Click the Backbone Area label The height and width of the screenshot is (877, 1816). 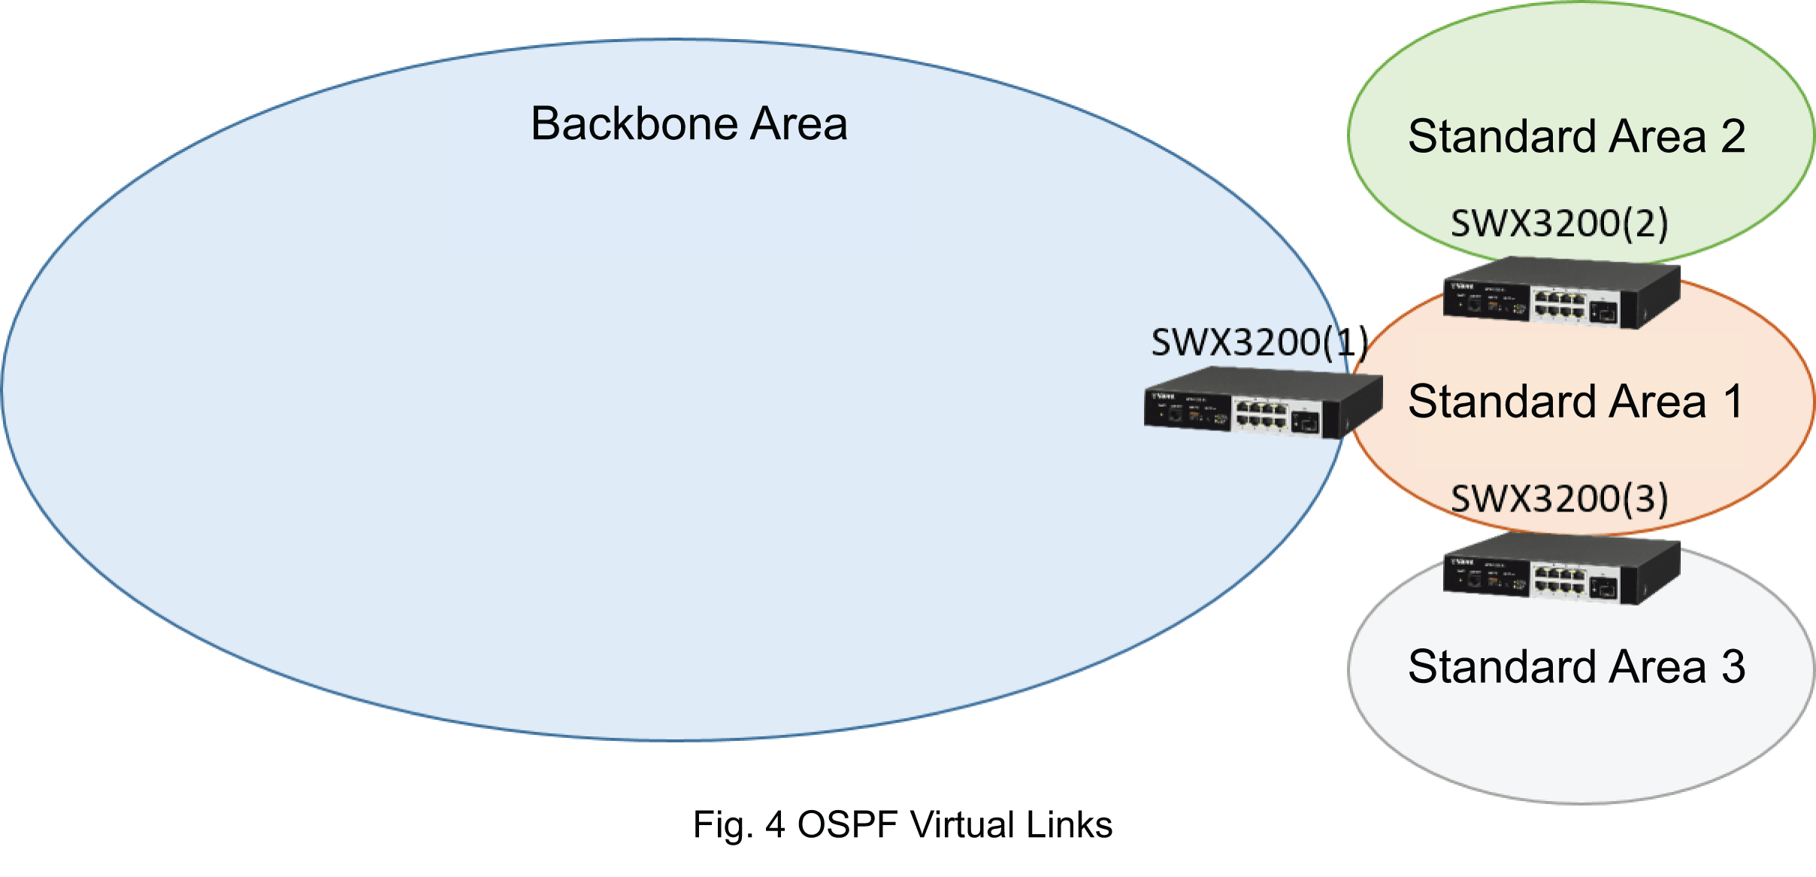tap(689, 123)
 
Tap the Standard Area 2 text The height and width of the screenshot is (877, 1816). tap(1575, 136)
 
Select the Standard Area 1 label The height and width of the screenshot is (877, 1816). tap(1575, 401)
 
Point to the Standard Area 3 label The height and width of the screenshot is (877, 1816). tap(1575, 666)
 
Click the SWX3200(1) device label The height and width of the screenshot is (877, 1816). tap(1259, 343)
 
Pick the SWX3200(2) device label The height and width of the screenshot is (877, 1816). tap(1559, 223)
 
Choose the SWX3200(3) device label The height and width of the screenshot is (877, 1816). tap(1559, 499)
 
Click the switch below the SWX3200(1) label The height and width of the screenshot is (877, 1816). tap(1263, 404)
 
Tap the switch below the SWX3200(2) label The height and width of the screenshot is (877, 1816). tap(1561, 293)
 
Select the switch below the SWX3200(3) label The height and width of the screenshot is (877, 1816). tap(1561, 569)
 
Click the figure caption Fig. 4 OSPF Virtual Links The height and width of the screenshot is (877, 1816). tap(902, 824)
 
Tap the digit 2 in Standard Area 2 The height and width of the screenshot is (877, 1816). tap(1733, 136)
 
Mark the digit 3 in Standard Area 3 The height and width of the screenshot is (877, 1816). tap(1733, 666)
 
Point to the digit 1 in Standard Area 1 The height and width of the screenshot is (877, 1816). tap(1733, 401)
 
